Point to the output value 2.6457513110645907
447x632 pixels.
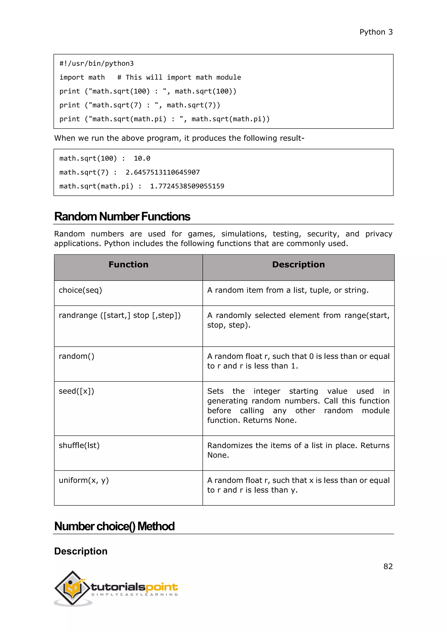tap(162, 173)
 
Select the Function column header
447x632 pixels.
tap(128, 264)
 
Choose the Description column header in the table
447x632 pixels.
tap(298, 264)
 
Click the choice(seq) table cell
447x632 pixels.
tap(80, 290)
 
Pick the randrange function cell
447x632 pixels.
tap(120, 315)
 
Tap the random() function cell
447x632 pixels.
tap(77, 356)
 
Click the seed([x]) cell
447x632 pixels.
tap(77, 391)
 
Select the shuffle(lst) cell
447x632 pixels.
tap(79, 445)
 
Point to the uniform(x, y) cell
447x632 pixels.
tap(84, 480)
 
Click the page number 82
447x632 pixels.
tap(388, 567)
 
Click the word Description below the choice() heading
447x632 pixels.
tap(81, 551)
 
